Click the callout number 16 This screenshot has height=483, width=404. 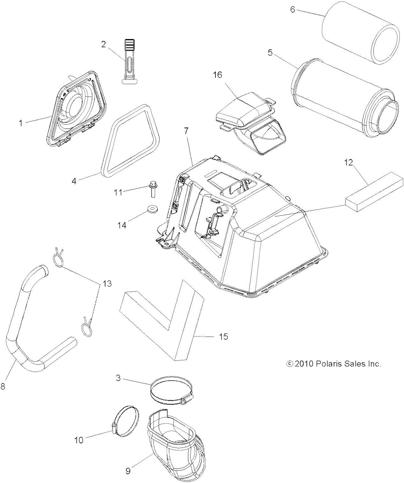click(x=218, y=75)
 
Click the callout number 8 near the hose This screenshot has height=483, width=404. click(x=3, y=386)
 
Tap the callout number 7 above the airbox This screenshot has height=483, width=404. click(x=187, y=131)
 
